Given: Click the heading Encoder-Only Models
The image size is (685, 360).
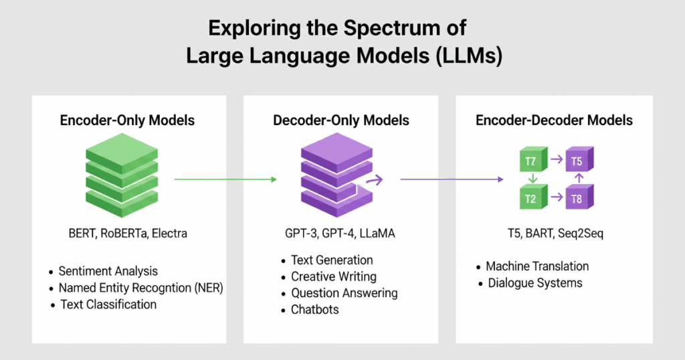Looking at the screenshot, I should pos(127,120).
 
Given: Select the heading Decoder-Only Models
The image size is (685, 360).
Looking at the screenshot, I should pos(341,120).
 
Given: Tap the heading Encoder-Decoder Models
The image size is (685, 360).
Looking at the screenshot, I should pos(554,120).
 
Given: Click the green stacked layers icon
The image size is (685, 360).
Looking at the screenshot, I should pos(121,175).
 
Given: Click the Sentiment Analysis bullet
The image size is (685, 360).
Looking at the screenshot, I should pos(108,272).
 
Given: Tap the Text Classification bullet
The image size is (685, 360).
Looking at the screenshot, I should pos(108,304).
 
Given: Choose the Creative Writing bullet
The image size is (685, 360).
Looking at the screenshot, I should pos(333,276).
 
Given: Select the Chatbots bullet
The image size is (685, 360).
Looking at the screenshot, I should pos(314,310).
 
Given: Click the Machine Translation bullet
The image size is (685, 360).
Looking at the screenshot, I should pos(537,266).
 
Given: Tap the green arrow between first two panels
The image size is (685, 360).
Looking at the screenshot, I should pos(225,179).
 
